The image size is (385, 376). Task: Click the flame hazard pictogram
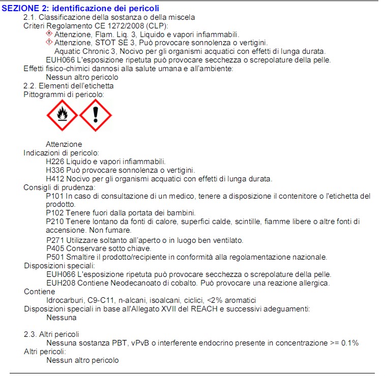[63, 115]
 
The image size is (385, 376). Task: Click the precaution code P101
[55, 196]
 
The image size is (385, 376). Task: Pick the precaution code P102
[55, 213]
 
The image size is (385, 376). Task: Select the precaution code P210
[55, 222]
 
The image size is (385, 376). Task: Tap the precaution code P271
[55, 240]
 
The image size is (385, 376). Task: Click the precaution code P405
[55, 248]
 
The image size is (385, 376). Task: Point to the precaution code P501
[55, 257]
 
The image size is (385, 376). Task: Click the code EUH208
[59, 283]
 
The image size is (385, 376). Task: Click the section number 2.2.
[31, 86]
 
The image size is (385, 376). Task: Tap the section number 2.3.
[31, 334]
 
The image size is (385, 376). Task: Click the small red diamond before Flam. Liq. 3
[49, 34]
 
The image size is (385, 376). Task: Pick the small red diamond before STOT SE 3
[49, 42]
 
